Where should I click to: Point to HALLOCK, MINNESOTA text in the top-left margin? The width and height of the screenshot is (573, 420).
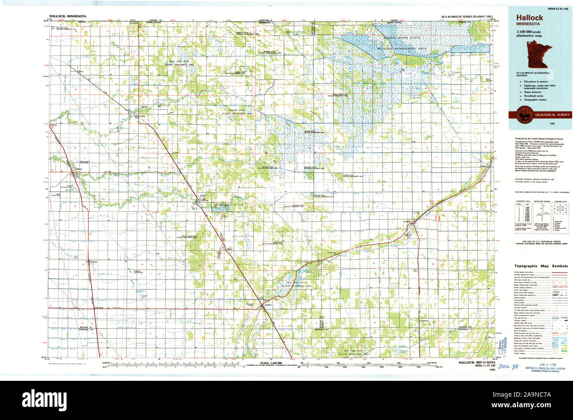65,16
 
